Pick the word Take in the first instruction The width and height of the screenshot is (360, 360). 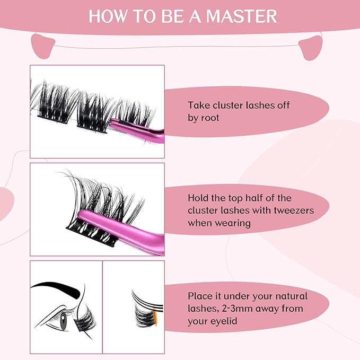198,105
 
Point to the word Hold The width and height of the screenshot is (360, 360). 198,198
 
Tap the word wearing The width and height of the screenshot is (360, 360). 233,222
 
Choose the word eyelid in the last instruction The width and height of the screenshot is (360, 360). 227,321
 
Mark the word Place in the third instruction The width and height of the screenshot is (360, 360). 200,296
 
